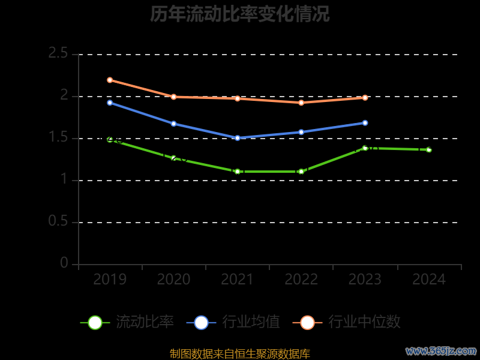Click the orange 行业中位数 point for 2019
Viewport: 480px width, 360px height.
pos(110,80)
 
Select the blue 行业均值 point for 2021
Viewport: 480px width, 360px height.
pos(238,138)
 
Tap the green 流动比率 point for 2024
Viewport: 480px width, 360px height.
pos(429,149)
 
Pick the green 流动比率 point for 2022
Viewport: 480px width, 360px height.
pos(301,172)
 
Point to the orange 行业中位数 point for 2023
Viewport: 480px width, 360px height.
pos(365,97)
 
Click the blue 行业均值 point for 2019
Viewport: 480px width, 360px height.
pos(110,103)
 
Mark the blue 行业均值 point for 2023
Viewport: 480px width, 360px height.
pos(365,123)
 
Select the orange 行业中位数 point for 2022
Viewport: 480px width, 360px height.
pos(301,103)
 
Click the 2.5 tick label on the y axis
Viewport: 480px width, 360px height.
pos(58,54)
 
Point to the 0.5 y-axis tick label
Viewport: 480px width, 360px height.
pos(58,222)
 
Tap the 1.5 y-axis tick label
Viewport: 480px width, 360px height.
pos(58,138)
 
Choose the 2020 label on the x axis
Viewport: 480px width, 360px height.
pos(173,280)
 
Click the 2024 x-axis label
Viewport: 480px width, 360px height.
pos(429,280)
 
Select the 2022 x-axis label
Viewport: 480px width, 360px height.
pos(301,280)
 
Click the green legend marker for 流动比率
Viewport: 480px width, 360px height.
pos(95,322)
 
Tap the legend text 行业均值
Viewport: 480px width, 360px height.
pos(251,322)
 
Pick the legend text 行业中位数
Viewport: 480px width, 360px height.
pos(364,322)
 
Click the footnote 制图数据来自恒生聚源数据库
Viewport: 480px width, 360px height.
pos(239,354)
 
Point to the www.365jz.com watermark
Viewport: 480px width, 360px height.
pos(441,350)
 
